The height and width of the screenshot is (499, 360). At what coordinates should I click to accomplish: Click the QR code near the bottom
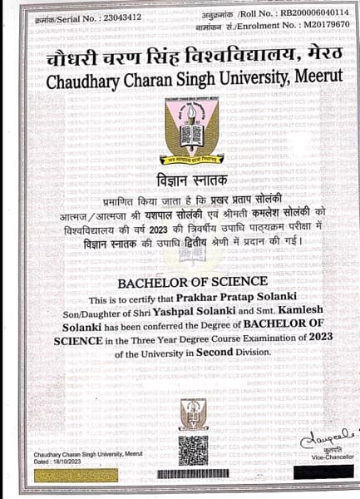click(192, 451)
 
